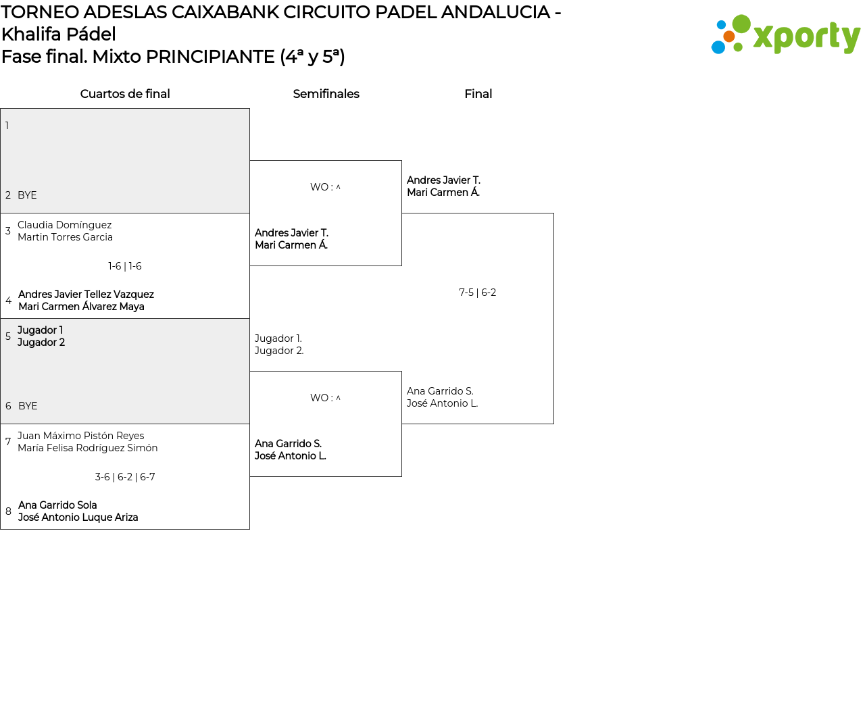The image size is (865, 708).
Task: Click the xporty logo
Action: (785, 35)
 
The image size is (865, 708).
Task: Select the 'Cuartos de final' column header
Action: (125, 94)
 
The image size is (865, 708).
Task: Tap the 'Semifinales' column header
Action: (326, 94)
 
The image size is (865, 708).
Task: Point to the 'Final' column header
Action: (478, 94)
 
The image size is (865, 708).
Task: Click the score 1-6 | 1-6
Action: (125, 266)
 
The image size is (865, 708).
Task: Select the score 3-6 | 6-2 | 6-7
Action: (125, 477)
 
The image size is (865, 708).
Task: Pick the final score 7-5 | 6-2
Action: (478, 293)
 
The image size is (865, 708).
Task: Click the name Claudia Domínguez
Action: (65, 225)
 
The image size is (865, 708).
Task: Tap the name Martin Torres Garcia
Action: (66, 237)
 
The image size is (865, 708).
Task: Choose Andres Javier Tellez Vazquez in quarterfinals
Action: (86, 295)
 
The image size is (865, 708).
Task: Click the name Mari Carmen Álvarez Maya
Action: (81, 307)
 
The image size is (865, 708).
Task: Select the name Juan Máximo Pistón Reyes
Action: (81, 436)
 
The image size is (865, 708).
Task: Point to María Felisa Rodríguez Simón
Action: (88, 448)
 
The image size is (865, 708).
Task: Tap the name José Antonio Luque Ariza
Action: (78, 517)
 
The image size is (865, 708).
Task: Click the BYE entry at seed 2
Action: (27, 195)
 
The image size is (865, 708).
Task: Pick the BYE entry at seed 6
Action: (28, 406)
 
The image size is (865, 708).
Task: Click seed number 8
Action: (8, 511)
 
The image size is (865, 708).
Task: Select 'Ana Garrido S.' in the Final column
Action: (440, 391)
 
